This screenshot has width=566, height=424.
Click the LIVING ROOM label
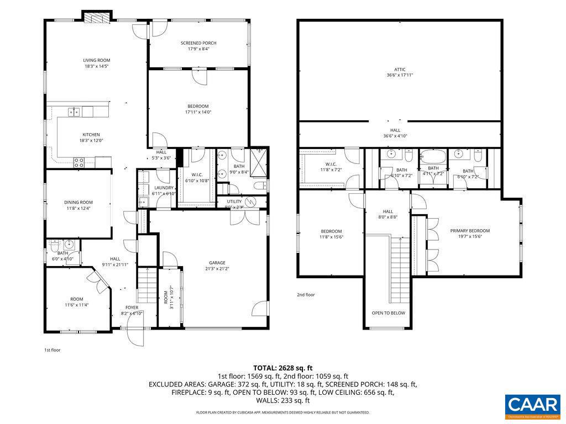tap(97, 60)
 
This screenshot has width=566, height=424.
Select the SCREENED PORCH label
tap(198, 43)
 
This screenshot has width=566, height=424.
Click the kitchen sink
tap(74, 112)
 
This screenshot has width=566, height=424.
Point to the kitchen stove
tap(79, 162)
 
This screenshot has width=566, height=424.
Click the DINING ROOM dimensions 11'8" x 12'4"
tap(78, 208)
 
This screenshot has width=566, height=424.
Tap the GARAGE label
tap(217, 263)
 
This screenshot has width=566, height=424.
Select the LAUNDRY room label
tap(164, 188)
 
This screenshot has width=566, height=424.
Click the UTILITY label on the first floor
tap(234, 202)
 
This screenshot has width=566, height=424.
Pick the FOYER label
tap(132, 308)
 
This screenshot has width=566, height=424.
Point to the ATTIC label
tap(400, 70)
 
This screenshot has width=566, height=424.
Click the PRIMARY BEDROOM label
tap(470, 231)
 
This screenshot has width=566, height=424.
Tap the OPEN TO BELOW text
tap(388, 313)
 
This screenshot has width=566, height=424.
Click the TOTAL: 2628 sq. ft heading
tap(283, 368)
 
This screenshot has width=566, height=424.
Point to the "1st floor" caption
tap(52, 350)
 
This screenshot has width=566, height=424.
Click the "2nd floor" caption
tap(306, 295)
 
